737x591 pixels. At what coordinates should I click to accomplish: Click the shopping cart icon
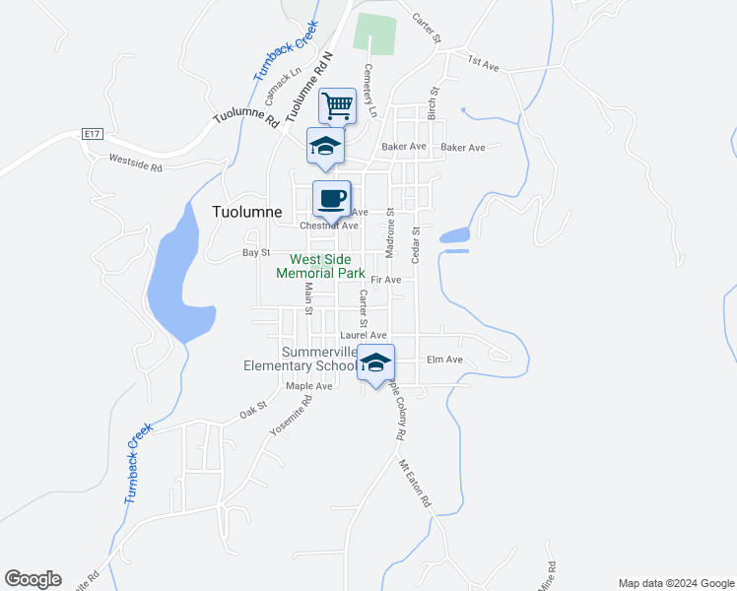point(337,104)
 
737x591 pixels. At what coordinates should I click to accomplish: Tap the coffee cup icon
point(332,198)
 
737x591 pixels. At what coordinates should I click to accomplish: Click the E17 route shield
point(93,133)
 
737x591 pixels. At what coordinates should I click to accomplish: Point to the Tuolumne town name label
point(246,212)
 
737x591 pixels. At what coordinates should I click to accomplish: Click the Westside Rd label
point(135,164)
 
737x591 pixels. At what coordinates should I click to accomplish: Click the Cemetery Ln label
point(371,91)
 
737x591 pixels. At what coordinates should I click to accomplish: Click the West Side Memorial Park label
point(321,266)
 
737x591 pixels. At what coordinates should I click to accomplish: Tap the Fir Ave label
point(386,281)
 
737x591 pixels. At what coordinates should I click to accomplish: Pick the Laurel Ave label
point(363,335)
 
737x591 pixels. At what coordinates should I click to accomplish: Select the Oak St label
point(253,410)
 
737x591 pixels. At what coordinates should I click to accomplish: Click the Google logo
point(33,579)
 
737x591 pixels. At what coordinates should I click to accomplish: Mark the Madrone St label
point(390,232)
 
